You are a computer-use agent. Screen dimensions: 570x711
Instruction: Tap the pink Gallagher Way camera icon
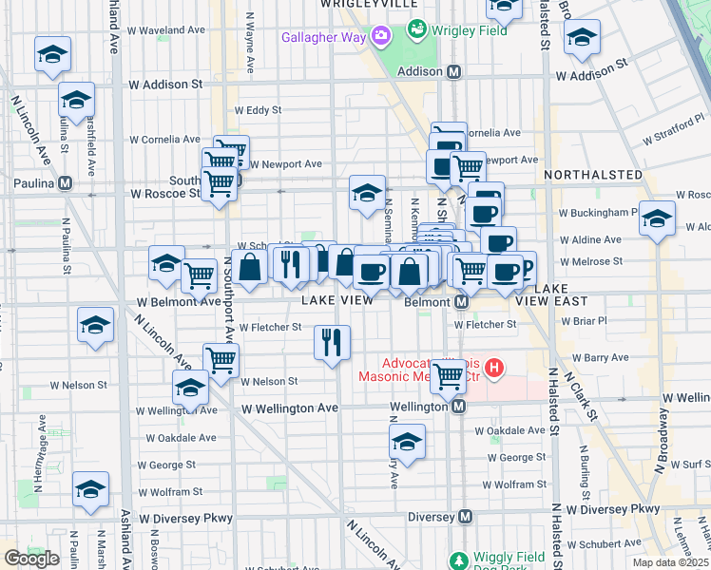pyautogui.click(x=382, y=36)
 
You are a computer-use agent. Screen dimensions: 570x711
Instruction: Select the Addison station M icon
pyautogui.click(x=454, y=71)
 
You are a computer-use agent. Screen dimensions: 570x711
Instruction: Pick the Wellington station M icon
pyautogui.click(x=458, y=406)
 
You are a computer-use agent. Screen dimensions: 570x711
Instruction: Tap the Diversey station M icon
pyautogui.click(x=466, y=517)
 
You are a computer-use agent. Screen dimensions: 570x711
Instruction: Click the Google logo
pyautogui.click(x=31, y=558)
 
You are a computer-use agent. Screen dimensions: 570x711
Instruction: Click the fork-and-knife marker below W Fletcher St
pyautogui.click(x=332, y=342)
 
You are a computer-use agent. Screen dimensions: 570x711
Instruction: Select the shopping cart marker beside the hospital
pyautogui.click(x=448, y=375)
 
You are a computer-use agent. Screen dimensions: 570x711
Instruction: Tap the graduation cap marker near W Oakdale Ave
pyautogui.click(x=407, y=443)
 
